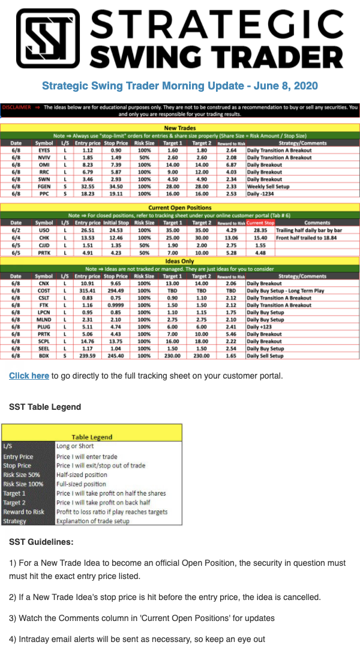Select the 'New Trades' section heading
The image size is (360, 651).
click(180, 128)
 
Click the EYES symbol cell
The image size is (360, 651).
click(44, 151)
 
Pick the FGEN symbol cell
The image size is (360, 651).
click(44, 187)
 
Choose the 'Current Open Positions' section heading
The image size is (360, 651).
click(180, 208)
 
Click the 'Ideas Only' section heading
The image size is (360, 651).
click(180, 261)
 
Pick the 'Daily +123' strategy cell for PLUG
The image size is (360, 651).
click(259, 327)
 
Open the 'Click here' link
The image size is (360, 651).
click(29, 376)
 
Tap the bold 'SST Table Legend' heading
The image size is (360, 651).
click(45, 407)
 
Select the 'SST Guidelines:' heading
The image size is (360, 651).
click(41, 542)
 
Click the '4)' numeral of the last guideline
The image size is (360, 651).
click(13, 639)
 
